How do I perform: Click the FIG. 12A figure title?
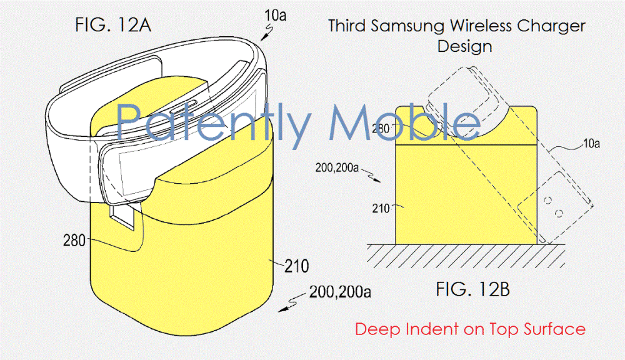click(113, 25)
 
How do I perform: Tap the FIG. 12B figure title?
click(472, 289)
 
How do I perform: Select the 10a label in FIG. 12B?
click(591, 143)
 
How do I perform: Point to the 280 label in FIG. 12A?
click(74, 241)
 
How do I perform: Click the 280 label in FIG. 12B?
click(380, 128)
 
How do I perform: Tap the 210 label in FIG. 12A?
click(296, 266)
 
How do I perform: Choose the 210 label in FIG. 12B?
click(381, 208)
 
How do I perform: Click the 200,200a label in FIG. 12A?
click(340, 292)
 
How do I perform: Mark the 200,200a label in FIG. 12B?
click(337, 167)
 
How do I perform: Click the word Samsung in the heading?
click(407, 27)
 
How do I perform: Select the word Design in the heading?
click(464, 47)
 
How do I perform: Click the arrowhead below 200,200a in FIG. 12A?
click(282, 309)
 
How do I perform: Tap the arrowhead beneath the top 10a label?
click(264, 38)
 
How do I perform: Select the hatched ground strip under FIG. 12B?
click(466, 256)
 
